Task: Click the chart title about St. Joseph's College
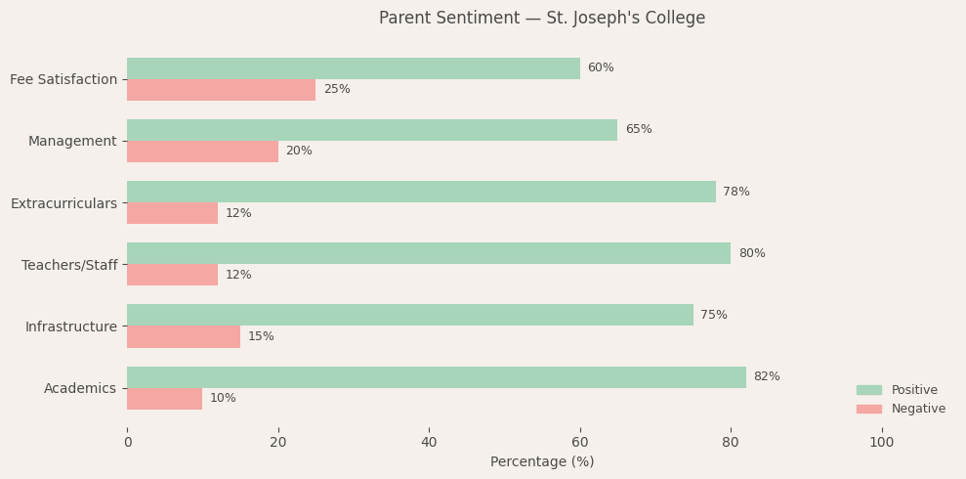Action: click(x=542, y=19)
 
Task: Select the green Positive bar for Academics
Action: click(x=436, y=377)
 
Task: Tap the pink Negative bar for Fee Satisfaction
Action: click(x=221, y=90)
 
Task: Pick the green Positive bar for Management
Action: click(x=371, y=130)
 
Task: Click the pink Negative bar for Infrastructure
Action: click(x=184, y=337)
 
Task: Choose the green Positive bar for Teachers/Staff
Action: click(x=428, y=253)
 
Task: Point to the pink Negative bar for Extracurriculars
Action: click(x=172, y=213)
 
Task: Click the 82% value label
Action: click(x=767, y=377)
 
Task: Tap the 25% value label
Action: click(x=337, y=90)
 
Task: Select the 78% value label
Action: click(x=736, y=193)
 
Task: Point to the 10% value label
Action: click(x=223, y=399)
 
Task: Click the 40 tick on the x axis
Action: click(x=429, y=443)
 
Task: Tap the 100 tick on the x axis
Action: click(x=881, y=443)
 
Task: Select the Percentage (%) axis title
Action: click(x=542, y=462)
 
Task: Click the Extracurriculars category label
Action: click(x=63, y=203)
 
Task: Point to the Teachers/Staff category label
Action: click(x=69, y=265)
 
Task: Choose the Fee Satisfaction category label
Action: click(x=63, y=79)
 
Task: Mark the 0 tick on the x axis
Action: click(x=127, y=443)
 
